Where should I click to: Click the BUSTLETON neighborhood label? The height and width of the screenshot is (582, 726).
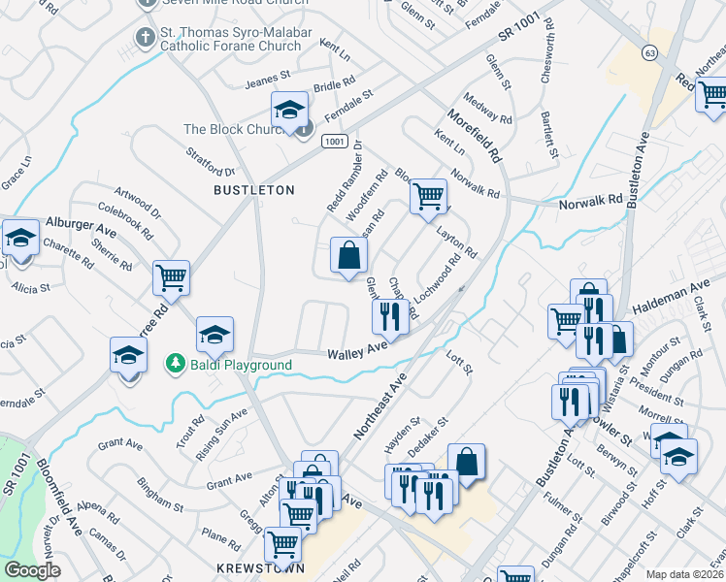[x=253, y=191]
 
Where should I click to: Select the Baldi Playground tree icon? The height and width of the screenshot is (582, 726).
[x=175, y=364]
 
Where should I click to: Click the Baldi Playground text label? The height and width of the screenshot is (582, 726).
[x=240, y=365]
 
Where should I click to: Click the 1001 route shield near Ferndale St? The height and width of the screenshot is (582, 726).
[x=335, y=142]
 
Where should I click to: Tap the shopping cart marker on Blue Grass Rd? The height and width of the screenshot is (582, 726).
[x=428, y=196]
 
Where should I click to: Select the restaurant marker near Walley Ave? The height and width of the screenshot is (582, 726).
[x=389, y=314]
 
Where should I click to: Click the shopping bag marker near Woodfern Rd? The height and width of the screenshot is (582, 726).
[x=349, y=255]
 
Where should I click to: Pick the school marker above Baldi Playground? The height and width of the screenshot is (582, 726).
[x=214, y=335]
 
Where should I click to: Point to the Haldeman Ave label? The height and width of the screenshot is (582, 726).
[x=673, y=297]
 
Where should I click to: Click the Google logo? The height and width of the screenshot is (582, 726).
[x=32, y=570]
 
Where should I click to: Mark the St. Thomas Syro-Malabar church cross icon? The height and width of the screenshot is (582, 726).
[x=146, y=37]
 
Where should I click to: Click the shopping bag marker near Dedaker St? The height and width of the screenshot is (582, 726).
[x=467, y=460]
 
